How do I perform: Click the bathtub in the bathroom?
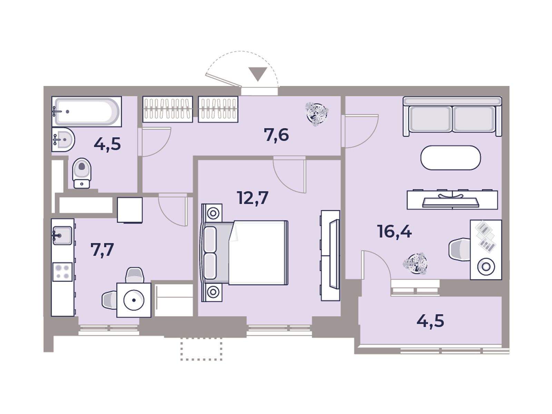click(87, 111)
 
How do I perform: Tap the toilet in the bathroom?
click(82, 173)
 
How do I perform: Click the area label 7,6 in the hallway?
click(276, 135)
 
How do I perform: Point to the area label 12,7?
click(253, 198)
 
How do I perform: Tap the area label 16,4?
click(395, 231)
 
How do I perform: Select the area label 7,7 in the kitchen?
click(102, 250)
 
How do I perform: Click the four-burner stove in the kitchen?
click(62, 272)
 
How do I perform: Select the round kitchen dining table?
click(134, 300)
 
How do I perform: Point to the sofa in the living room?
click(452, 117)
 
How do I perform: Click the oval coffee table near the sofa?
click(451, 158)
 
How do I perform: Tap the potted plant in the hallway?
click(317, 114)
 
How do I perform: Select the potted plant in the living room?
click(415, 264)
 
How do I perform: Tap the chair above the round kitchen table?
click(135, 276)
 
